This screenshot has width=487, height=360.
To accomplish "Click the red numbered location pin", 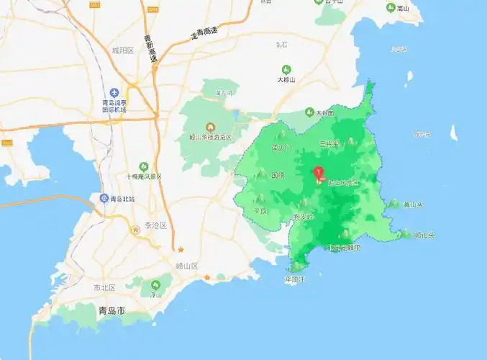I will pos(319,173).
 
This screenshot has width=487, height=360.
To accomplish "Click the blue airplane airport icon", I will pos(114,93).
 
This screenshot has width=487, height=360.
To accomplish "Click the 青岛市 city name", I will pos(111,311).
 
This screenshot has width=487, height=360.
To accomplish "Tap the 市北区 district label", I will pos(104,287).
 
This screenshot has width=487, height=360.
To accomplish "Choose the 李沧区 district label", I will pos(155,225).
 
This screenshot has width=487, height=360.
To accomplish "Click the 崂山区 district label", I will pos(187,266).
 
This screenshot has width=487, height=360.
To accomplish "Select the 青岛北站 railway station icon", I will pos(104,199).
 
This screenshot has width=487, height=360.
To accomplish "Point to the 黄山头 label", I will pos(413,205).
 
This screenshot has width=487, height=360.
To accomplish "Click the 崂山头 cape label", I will pos(424,235).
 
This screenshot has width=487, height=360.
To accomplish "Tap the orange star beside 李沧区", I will pos(181,250).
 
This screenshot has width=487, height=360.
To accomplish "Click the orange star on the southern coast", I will pos(207,276).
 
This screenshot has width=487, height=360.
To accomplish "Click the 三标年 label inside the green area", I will pos(329,143).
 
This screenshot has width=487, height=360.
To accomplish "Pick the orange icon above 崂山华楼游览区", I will pos(210,127).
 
